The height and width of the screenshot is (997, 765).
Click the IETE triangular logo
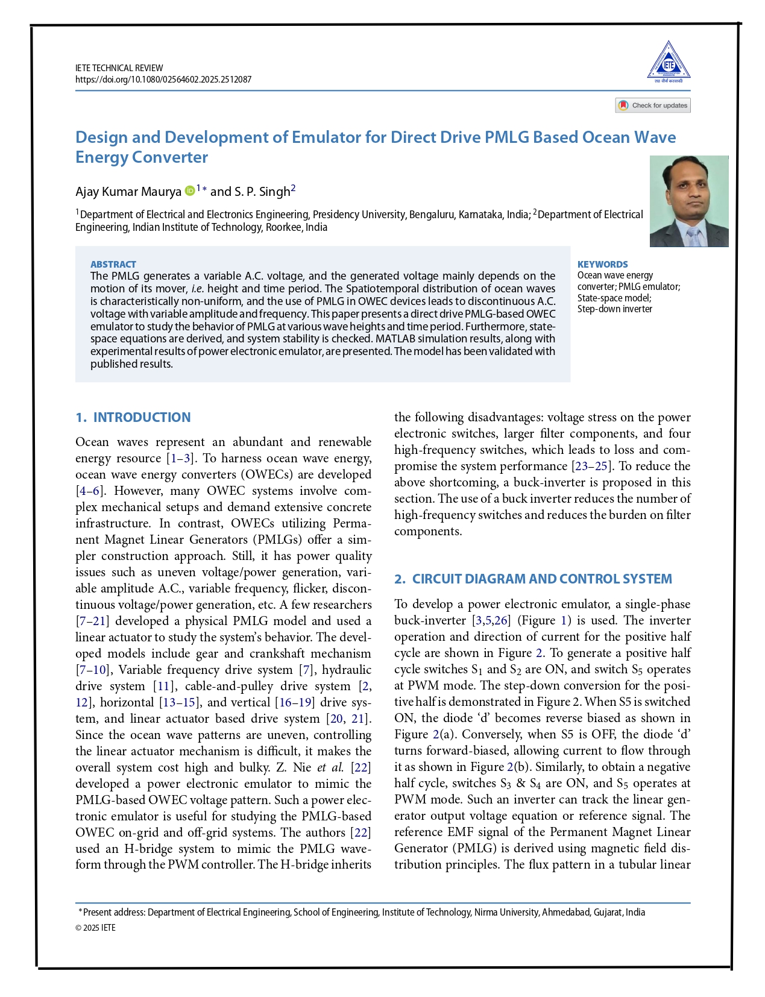[x=668, y=62]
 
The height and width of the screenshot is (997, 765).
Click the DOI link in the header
[x=163, y=80]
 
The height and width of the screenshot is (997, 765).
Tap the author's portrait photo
[x=688, y=201]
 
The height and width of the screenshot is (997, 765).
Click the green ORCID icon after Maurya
[x=189, y=190]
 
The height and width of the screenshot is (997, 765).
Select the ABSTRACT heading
[x=113, y=264]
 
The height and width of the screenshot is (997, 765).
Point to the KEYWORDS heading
[x=602, y=264]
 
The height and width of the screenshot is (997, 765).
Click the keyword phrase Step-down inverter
[x=614, y=309]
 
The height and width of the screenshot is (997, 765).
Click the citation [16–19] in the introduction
[x=295, y=702]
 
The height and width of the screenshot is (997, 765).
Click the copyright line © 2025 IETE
[x=95, y=928]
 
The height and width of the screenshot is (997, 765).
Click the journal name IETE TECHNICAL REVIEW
[x=119, y=68]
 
